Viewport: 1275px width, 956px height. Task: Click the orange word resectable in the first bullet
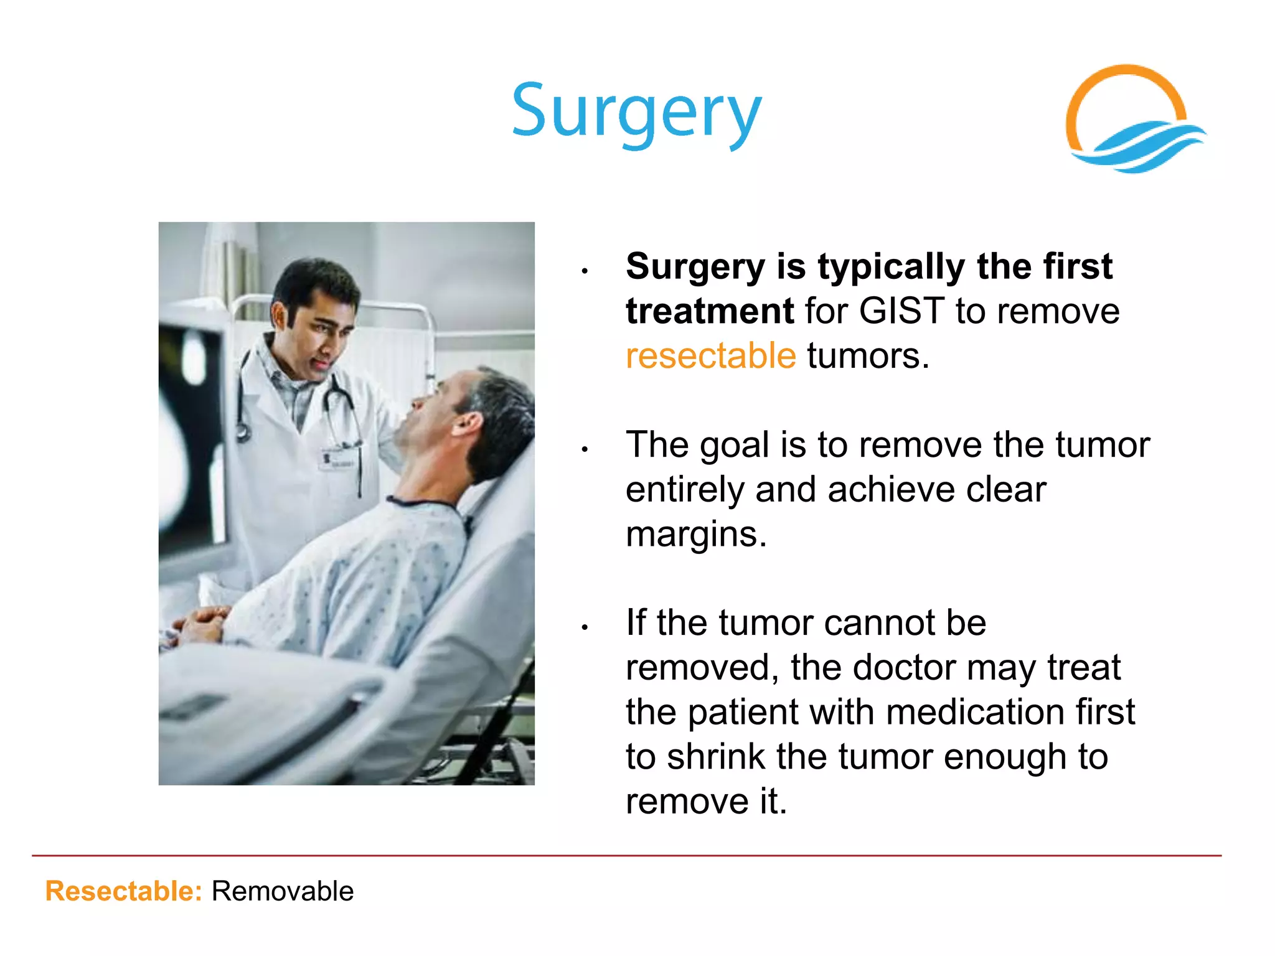(x=710, y=356)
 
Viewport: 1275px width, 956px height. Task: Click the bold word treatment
(x=709, y=311)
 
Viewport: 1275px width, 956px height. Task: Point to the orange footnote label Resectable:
(x=124, y=891)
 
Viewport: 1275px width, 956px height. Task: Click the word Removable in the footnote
(x=283, y=891)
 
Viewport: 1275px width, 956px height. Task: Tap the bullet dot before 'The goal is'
(x=585, y=449)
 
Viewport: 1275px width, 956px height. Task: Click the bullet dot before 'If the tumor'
(x=585, y=627)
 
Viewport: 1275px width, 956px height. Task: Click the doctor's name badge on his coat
(x=339, y=461)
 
